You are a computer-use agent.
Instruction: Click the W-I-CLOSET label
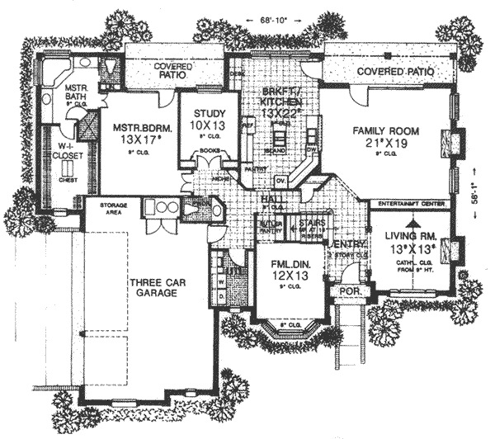[x=60, y=150]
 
